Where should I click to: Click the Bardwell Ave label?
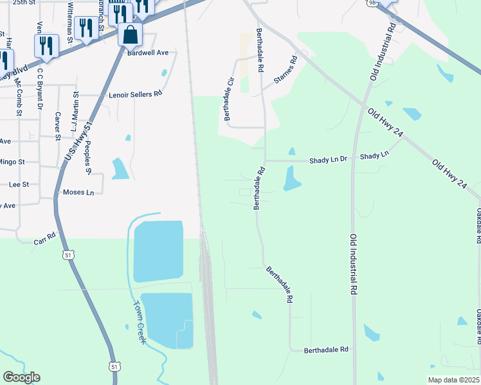point(148,52)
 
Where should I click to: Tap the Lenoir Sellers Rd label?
point(135,94)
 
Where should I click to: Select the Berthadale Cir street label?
point(227,99)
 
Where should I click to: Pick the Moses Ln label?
point(78,193)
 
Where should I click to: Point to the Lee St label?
point(19,184)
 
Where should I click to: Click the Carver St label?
point(58,126)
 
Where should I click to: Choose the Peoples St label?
point(89,159)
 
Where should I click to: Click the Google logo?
point(21,377)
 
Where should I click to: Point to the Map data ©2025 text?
point(453,380)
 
